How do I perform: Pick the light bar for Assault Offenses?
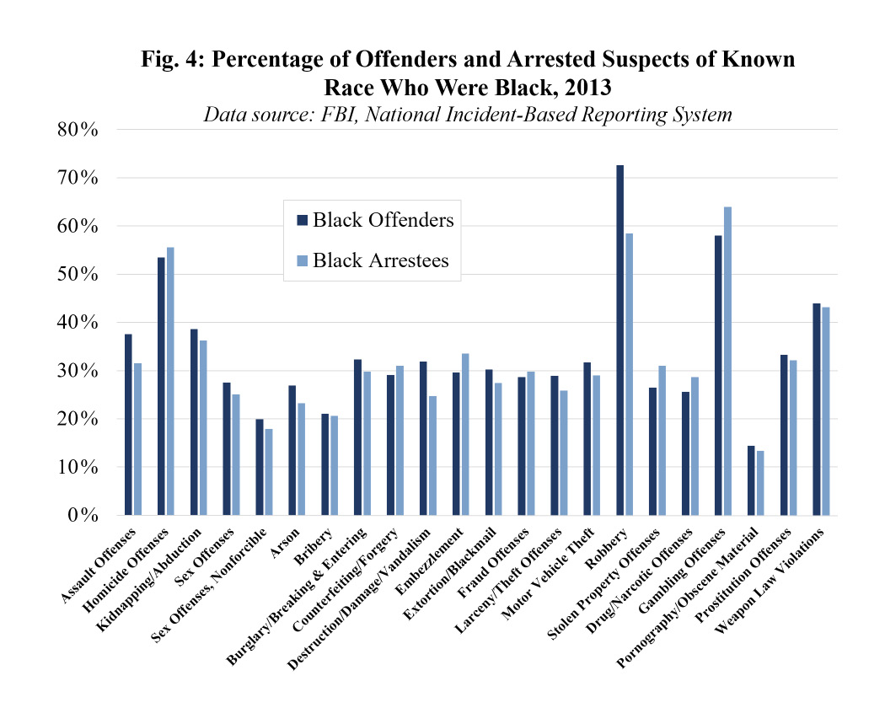[137, 439]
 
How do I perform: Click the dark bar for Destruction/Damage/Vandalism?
[423, 438]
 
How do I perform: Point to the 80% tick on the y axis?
[80, 131]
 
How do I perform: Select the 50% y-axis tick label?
[80, 275]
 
